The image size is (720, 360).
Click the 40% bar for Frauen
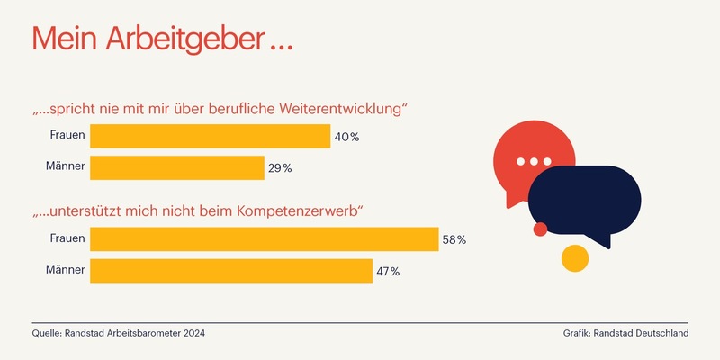(210, 136)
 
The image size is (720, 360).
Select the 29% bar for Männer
(176, 167)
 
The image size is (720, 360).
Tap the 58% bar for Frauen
(264, 238)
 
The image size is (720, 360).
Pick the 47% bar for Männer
(231, 270)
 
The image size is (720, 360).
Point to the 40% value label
(347, 137)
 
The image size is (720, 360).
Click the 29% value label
(281, 168)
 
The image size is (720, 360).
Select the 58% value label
(454, 239)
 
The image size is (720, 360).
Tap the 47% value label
(388, 271)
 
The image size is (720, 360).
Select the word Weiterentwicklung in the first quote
(342, 110)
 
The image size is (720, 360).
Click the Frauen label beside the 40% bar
(67, 136)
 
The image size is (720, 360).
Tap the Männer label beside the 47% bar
(66, 270)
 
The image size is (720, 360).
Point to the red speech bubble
(522, 153)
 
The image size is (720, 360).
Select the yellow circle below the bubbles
(574, 258)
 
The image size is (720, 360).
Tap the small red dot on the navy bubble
(540, 229)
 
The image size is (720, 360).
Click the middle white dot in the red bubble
(534, 162)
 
